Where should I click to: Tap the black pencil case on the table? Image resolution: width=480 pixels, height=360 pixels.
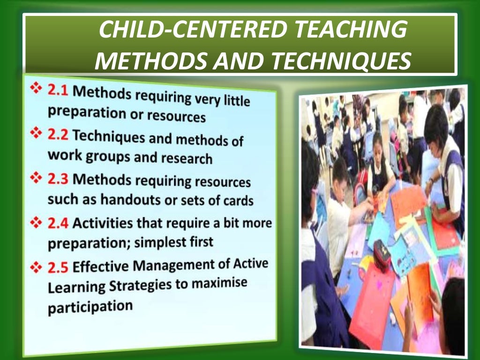382,255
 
